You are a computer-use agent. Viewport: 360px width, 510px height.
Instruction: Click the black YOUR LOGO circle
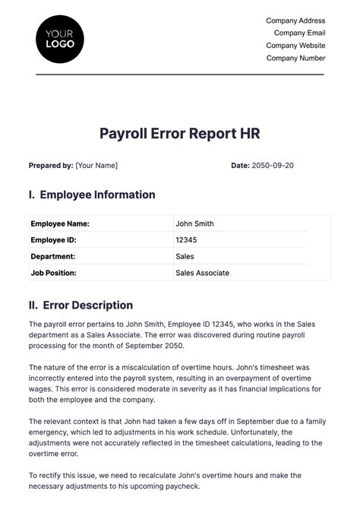pos(60,39)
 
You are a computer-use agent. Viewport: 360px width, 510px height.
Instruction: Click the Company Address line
pos(295,21)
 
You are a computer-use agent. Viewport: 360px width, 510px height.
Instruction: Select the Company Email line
pos(299,33)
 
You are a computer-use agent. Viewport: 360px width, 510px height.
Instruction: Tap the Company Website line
pos(295,46)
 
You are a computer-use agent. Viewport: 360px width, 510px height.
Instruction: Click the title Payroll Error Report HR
pos(180,134)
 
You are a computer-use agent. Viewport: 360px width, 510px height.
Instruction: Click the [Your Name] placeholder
pos(96,165)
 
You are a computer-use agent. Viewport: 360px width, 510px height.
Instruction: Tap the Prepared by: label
pos(51,165)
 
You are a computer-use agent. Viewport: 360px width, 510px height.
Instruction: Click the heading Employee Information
pos(97,195)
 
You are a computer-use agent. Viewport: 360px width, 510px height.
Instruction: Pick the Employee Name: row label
pos(60,224)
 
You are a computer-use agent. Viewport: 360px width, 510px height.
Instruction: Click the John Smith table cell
pos(194,224)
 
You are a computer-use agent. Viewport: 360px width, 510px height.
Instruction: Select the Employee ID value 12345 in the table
pos(186,240)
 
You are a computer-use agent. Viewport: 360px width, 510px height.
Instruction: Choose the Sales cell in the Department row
pos(185,257)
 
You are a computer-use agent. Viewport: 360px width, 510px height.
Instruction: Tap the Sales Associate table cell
pos(202,273)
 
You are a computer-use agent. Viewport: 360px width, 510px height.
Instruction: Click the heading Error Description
pos(87,306)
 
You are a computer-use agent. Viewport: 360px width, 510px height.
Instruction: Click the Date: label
pos(240,165)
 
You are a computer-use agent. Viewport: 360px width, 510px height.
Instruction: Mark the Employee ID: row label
pos(53,240)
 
